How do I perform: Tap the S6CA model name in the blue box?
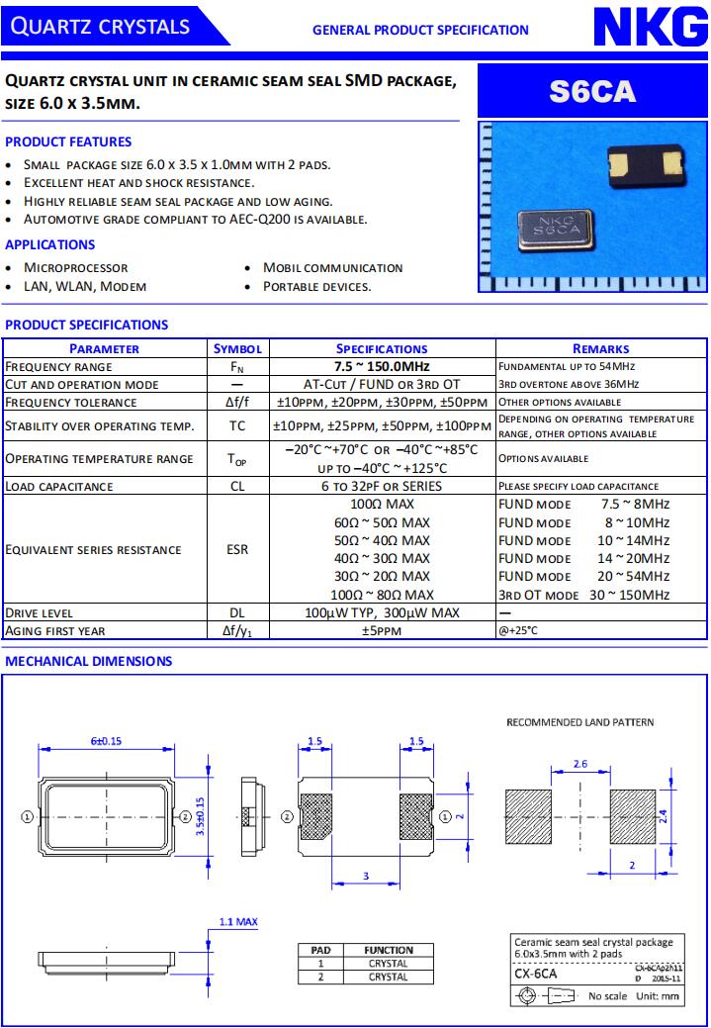tap(592, 92)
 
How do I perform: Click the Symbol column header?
tap(237, 348)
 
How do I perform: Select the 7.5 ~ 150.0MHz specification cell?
tap(382, 366)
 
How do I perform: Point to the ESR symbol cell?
tap(237, 549)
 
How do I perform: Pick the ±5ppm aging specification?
tap(382, 630)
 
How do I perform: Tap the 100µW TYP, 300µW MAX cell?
tap(382, 612)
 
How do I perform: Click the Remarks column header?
tap(600, 348)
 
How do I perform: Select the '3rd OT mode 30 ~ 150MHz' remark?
tap(583, 595)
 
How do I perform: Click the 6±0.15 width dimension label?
tap(106, 741)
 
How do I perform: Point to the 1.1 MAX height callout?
tap(237, 921)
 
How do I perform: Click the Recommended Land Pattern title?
tap(579, 722)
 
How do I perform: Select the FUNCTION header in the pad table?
tap(388, 950)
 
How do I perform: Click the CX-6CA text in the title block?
tap(536, 974)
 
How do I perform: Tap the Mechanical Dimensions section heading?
tap(89, 661)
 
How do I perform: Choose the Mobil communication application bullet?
tap(332, 267)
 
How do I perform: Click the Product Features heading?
tap(68, 141)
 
